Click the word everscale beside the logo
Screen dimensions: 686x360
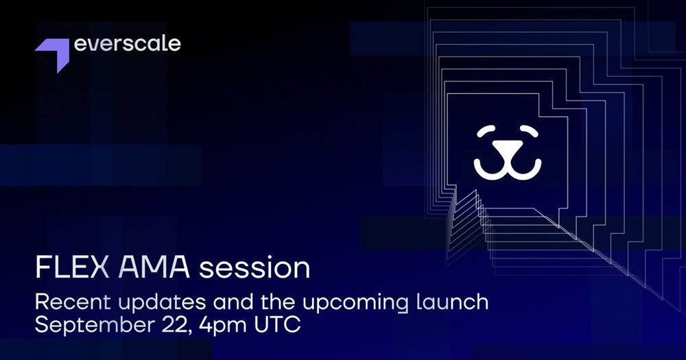[128, 44]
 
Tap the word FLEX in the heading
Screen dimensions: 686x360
[72, 267]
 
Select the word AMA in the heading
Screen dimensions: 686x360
[154, 267]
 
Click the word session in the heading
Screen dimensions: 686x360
[255, 268]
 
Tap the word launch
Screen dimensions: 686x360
[451, 302]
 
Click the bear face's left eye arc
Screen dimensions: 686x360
[486, 131]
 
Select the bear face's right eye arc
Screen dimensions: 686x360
[529, 131]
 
